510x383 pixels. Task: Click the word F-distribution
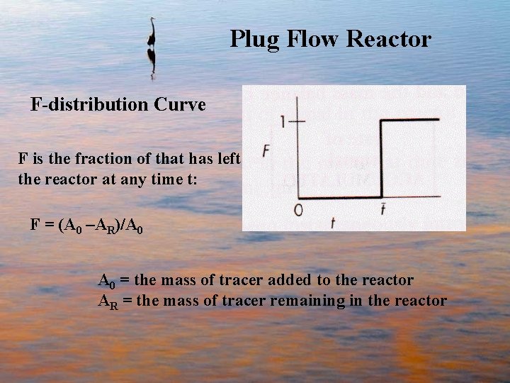[90, 105]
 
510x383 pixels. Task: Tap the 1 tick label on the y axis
[283, 122]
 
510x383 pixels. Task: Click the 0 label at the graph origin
[298, 209]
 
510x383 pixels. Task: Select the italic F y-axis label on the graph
[266, 150]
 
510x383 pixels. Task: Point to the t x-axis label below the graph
[332, 222]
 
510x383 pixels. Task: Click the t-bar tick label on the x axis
[382, 208]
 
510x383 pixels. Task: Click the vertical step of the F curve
[382, 159]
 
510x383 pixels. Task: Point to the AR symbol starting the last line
[107, 301]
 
